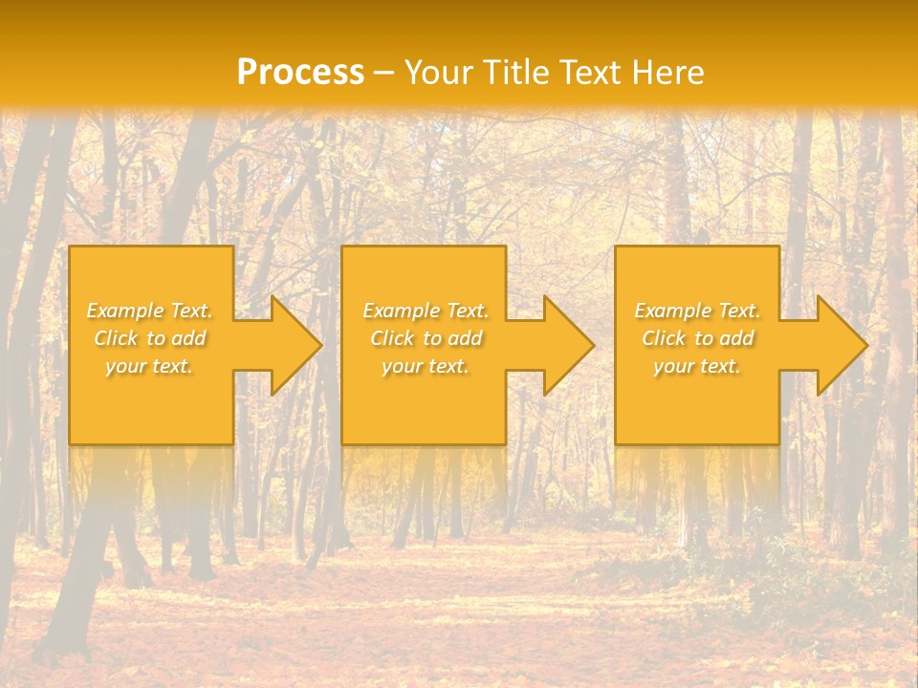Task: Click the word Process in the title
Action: pos(300,72)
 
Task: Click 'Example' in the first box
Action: pos(125,311)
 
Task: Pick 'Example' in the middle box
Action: pos(402,311)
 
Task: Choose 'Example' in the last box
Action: pos(673,311)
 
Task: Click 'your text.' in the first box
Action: pos(149,366)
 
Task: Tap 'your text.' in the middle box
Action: pos(426,366)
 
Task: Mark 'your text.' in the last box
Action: pos(697,366)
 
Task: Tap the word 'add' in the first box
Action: pos(189,338)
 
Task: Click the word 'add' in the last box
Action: pos(737,338)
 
